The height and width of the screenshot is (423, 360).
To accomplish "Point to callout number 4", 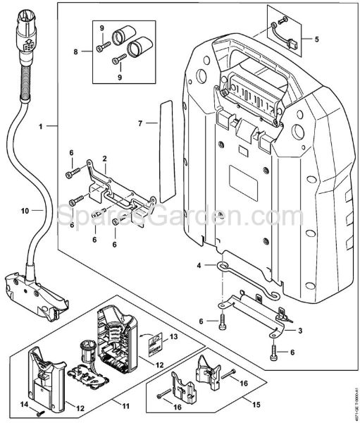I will (x=199, y=266).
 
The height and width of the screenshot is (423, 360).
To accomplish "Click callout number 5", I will (x=316, y=38).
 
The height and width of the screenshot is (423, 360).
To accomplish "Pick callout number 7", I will (x=140, y=123).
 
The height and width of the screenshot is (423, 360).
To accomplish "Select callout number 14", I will (x=24, y=404).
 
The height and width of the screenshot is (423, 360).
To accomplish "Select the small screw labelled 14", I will (x=39, y=410).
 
